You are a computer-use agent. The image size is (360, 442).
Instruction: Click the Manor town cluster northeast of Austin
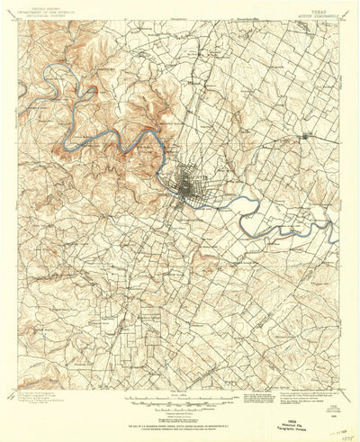coord(309,135)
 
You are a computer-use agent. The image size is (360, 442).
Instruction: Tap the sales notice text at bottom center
coord(179,421)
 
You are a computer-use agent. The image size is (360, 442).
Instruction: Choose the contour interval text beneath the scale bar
coord(179,408)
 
